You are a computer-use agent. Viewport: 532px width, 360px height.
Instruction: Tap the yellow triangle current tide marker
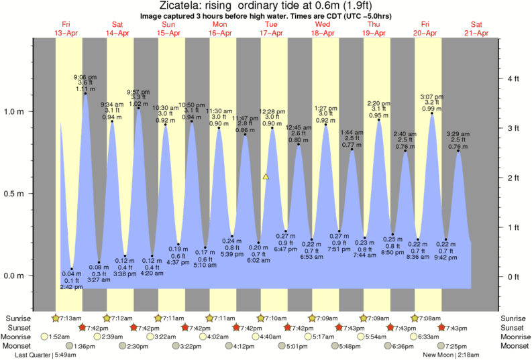[x=266, y=177]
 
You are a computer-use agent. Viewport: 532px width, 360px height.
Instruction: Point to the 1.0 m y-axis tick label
[x=15, y=111]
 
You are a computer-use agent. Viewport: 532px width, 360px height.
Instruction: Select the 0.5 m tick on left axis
[x=15, y=194]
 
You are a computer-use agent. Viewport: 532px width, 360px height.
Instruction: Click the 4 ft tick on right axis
[x=513, y=79]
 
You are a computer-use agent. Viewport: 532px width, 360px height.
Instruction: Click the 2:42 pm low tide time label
[x=71, y=287]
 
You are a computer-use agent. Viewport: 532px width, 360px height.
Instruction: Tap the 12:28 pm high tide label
[x=272, y=111]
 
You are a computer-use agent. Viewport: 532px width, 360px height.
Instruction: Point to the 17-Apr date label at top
[x=271, y=33]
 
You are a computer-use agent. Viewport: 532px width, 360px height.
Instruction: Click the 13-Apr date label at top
[x=66, y=33]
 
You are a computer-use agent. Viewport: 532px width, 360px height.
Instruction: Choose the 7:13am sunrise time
[x=68, y=318]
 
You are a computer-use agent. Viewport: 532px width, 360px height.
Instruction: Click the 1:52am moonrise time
[x=60, y=337]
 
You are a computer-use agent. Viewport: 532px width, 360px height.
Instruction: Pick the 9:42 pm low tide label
[x=445, y=257]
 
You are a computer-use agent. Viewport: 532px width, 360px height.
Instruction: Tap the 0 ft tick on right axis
[x=513, y=276]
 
